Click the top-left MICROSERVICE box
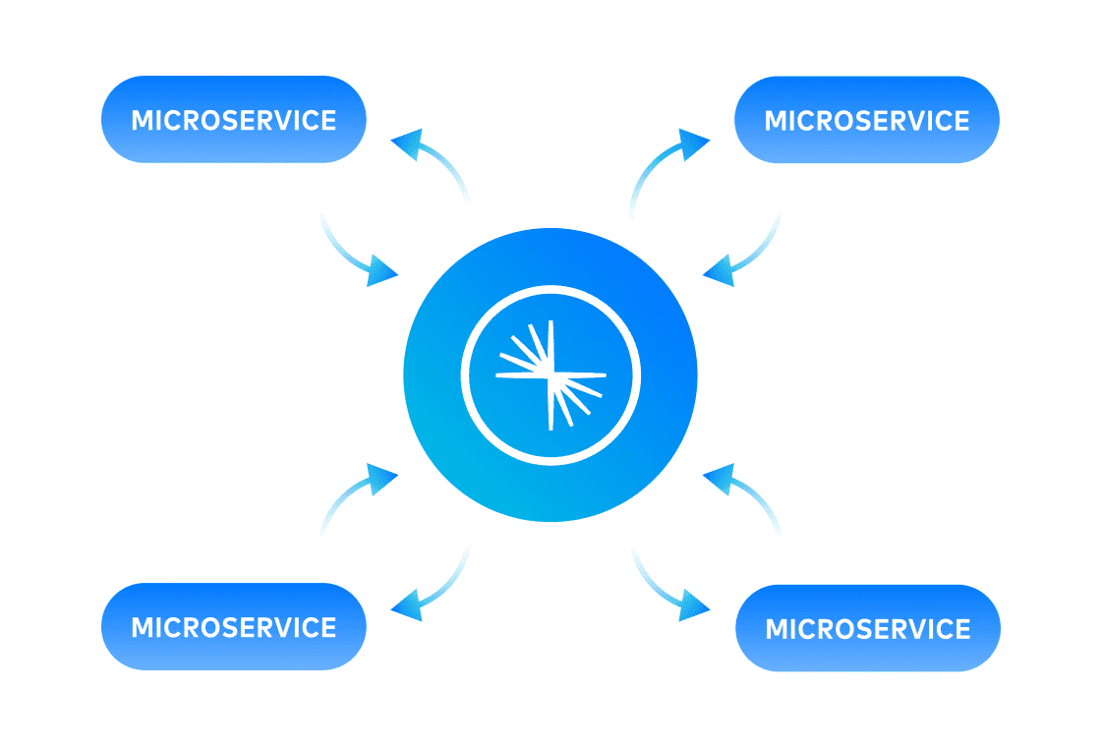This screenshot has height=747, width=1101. coord(234,120)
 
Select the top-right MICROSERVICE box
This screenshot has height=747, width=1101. coord(867,120)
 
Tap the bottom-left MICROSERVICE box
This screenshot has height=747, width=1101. coord(234,627)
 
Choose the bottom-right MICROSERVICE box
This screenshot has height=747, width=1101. coord(867,628)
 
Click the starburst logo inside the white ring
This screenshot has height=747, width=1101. coord(550,374)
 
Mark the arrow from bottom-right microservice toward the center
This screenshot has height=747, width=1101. coord(747,496)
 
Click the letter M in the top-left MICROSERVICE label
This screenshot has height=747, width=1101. coord(143,121)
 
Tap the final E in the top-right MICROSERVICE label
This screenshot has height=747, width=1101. coord(960,121)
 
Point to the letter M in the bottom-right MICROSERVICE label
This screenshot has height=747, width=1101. coord(777,629)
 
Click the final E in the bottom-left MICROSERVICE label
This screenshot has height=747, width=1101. coord(327,628)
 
